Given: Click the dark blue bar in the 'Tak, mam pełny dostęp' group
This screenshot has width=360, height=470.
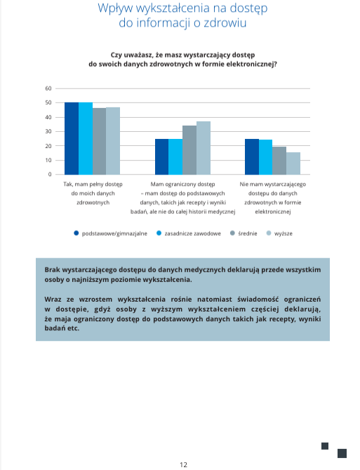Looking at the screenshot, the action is (x=72, y=138).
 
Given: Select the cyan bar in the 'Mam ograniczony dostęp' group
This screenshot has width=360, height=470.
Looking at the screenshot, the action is (x=175, y=156).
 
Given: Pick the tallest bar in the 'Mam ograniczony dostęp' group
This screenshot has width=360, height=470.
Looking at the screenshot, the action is (x=204, y=148).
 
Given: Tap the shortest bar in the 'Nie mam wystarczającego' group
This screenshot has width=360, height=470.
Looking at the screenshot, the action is (x=293, y=163).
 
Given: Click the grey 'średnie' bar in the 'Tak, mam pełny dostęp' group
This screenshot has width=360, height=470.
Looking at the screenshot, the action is (x=99, y=142).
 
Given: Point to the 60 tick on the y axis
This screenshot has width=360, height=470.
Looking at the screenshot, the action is (x=48, y=88).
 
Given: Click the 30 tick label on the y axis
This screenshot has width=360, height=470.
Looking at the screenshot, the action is (x=48, y=132).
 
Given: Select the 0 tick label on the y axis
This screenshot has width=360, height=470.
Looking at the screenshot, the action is (x=50, y=175).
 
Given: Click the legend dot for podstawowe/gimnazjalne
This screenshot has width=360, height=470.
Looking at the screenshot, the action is (x=76, y=233).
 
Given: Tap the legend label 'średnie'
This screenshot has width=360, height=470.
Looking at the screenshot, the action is (x=248, y=234).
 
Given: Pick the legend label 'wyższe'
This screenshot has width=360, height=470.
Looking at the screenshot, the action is (x=284, y=234).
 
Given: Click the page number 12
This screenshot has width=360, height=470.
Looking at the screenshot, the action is (x=183, y=464).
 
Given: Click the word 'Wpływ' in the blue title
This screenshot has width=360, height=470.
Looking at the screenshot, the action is (x=115, y=8).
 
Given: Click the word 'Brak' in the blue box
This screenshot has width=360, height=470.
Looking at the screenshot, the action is (x=52, y=270).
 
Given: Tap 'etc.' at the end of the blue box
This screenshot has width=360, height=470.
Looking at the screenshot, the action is (x=74, y=328).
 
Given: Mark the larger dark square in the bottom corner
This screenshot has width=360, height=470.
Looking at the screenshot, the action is (x=342, y=453).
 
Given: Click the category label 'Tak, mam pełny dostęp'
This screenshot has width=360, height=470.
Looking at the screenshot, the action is (x=93, y=184).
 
